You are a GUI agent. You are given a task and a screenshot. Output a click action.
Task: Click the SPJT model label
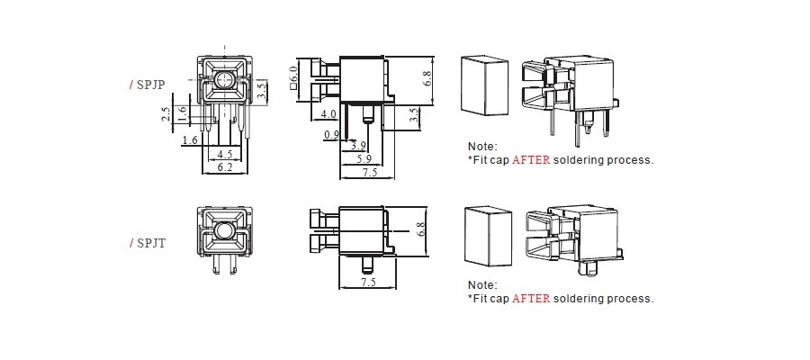(x=149, y=242)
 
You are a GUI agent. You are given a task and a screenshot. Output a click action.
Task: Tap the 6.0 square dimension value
(x=293, y=76)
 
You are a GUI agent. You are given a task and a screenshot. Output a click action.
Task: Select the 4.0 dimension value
(x=329, y=114)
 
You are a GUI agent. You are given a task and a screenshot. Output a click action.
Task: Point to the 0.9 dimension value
(x=331, y=135)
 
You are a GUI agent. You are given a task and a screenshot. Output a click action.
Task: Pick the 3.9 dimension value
(x=357, y=146)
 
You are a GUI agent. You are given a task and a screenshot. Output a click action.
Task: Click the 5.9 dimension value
(x=363, y=158)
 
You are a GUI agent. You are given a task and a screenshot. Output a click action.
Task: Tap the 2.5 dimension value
(x=166, y=114)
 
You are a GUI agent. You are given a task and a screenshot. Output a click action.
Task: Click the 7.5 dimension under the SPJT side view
(x=368, y=283)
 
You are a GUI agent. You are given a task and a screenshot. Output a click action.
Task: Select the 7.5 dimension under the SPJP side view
(x=369, y=172)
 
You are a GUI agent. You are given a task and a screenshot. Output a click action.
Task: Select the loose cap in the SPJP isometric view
(x=485, y=85)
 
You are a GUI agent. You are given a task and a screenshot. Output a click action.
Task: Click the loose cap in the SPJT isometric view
(x=485, y=237)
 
